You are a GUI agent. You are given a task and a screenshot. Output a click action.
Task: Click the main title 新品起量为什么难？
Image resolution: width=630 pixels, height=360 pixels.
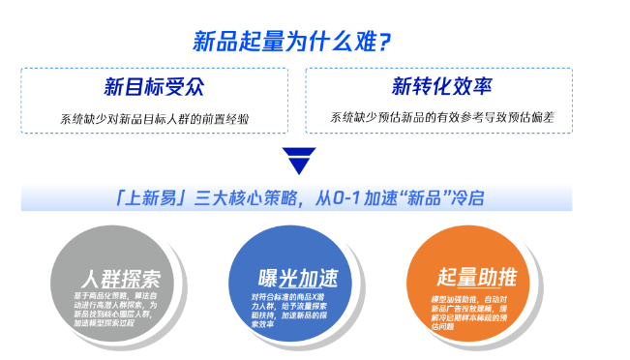pyautogui.click(x=291, y=42)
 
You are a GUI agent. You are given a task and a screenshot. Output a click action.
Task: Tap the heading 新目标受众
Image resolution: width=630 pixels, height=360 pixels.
pyautogui.click(x=154, y=87)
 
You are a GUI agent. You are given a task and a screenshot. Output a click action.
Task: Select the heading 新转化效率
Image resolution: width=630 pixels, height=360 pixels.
pyautogui.click(x=437, y=87)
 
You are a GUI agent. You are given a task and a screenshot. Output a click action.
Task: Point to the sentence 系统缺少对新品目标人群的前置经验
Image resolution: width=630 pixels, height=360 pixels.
pyautogui.click(x=155, y=120)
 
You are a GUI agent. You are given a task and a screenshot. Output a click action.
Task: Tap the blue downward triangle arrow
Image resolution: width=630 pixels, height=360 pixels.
pyautogui.click(x=298, y=160)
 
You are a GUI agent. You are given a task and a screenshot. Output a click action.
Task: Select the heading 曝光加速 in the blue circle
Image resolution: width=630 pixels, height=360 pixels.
pyautogui.click(x=298, y=278)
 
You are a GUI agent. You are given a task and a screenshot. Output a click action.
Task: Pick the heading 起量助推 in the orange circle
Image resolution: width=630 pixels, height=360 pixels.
pyautogui.click(x=477, y=276)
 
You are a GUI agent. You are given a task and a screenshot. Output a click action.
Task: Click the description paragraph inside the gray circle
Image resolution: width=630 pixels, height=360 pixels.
pyautogui.click(x=118, y=307)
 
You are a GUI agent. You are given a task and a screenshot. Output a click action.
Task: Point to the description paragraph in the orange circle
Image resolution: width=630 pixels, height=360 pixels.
pyautogui.click(x=474, y=313)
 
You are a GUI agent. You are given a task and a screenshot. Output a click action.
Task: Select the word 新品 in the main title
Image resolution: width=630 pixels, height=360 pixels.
pyautogui.click(x=216, y=42)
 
